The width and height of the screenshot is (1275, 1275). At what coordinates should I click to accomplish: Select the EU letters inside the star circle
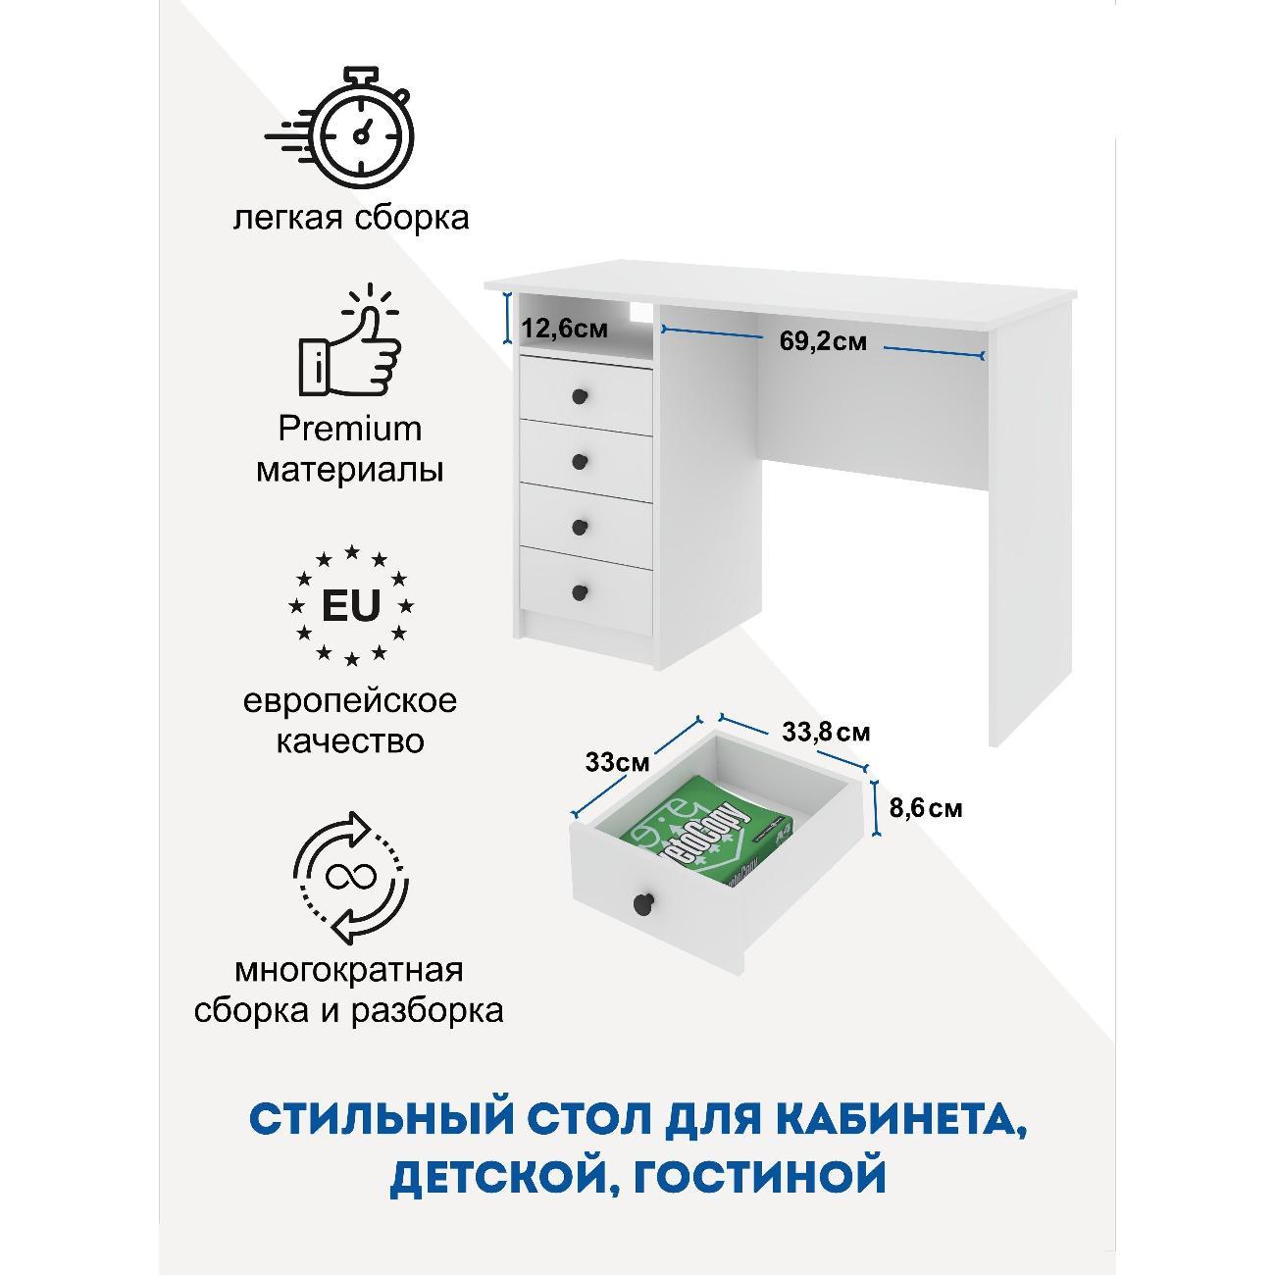(x=351, y=605)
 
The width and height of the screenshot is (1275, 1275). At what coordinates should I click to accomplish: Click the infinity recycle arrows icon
(x=351, y=878)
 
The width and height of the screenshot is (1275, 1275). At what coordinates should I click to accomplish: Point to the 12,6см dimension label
(x=564, y=329)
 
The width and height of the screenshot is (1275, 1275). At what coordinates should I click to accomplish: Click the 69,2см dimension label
(x=823, y=341)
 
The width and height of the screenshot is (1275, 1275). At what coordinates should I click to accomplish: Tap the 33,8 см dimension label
(x=826, y=733)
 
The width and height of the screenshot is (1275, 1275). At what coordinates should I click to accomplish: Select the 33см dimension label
(x=617, y=762)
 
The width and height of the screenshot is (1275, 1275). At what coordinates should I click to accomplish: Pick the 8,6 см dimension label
(x=926, y=808)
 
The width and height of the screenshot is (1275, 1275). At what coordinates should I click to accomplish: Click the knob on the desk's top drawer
(x=580, y=396)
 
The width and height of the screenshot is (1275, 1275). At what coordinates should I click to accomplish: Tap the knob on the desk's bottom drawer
(x=580, y=592)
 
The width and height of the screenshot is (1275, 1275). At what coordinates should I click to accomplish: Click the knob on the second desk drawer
(x=580, y=461)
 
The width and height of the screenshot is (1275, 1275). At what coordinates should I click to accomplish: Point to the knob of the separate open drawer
(x=642, y=901)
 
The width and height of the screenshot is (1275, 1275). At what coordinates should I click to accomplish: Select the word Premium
(x=349, y=430)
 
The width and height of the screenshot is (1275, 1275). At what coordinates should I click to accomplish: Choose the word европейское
(x=350, y=702)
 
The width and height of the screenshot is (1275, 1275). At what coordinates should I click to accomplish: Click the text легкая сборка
(x=351, y=218)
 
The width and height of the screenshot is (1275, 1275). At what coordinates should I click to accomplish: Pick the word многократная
(x=349, y=971)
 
